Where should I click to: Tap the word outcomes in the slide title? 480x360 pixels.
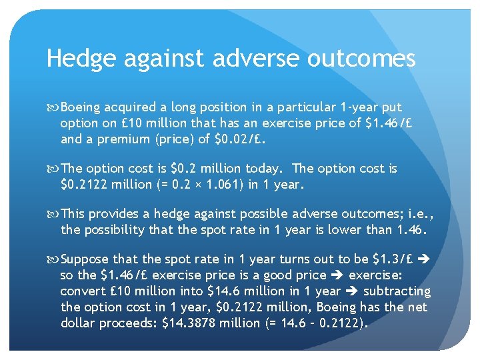pos(361,59)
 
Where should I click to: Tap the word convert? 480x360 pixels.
pos(80,292)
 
